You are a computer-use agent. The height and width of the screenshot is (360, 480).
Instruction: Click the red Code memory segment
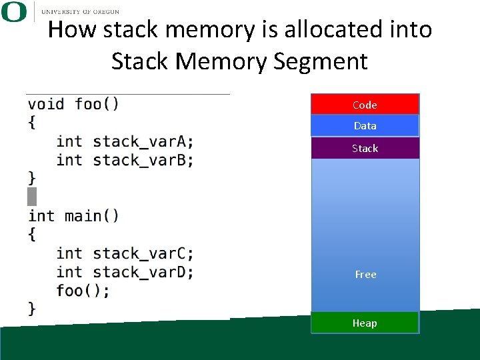[x=365, y=104]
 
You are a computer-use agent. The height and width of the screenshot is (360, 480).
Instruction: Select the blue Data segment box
[x=365, y=125]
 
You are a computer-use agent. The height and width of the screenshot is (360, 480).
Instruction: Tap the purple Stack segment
[x=365, y=148]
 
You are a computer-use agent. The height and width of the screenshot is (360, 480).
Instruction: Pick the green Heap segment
[x=365, y=323]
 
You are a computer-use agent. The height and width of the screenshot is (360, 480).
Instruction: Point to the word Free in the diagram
[x=365, y=274]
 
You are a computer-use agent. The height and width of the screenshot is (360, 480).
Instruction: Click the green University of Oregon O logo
[x=13, y=11]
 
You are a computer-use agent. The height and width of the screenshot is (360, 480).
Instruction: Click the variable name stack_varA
[x=142, y=141]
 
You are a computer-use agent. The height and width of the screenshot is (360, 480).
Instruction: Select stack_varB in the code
[x=142, y=160]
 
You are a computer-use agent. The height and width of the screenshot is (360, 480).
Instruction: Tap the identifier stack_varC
[x=142, y=253]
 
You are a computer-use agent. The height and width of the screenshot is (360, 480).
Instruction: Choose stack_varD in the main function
[x=142, y=272]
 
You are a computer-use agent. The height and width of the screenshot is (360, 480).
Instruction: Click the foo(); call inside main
[x=83, y=291]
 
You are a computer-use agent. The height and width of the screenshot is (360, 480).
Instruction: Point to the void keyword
[x=46, y=104]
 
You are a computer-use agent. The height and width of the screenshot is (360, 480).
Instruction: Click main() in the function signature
[x=92, y=216]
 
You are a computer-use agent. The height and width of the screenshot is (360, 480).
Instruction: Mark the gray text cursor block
[x=32, y=197]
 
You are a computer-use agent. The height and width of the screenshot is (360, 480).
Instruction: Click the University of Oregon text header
[x=80, y=11]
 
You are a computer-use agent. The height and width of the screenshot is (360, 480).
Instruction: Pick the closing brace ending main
[x=32, y=308]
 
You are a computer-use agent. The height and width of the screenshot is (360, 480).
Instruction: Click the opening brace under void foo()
[x=32, y=123]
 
